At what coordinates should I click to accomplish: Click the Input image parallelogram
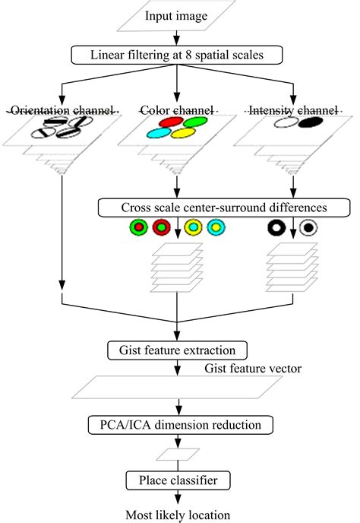click(x=176, y=16)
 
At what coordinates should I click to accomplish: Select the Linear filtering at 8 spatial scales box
click(x=177, y=55)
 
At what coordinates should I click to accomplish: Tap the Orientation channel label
click(x=62, y=110)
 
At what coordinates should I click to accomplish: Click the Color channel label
click(x=177, y=110)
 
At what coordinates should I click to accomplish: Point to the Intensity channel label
click(x=293, y=110)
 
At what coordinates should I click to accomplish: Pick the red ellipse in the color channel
click(x=171, y=122)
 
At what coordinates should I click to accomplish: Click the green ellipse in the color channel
click(x=195, y=122)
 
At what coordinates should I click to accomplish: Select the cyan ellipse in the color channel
click(x=159, y=133)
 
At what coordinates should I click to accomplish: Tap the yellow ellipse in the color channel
click(x=183, y=133)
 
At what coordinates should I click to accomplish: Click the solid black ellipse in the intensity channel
click(x=311, y=122)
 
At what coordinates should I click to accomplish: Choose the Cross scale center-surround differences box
click(x=224, y=208)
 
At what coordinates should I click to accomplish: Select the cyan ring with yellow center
click(x=216, y=227)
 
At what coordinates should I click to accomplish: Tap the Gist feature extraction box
click(x=177, y=350)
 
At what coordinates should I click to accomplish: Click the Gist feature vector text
click(x=253, y=368)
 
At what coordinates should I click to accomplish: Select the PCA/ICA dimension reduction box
click(x=181, y=425)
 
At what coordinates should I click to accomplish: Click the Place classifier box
click(x=178, y=480)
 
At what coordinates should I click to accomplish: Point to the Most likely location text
click(x=178, y=515)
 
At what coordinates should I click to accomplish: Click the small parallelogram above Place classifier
click(x=178, y=455)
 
